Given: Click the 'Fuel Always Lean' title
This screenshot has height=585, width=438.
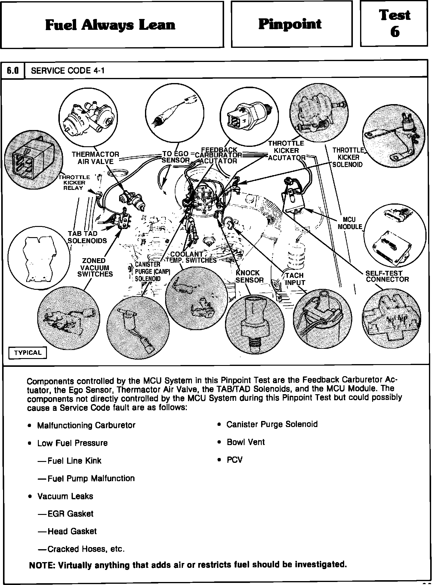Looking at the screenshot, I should click(x=110, y=25).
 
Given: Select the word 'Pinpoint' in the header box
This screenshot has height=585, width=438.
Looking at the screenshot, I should click(x=290, y=24).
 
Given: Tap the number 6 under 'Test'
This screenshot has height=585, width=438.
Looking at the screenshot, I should click(x=395, y=31).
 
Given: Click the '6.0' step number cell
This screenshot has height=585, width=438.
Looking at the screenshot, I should click(x=13, y=71).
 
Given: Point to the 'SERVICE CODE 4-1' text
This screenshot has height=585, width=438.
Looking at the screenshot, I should click(x=68, y=71).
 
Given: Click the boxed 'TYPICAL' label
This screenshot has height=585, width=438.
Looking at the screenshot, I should click(x=28, y=353).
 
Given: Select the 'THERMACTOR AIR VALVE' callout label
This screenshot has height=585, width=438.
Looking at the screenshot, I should click(x=95, y=158).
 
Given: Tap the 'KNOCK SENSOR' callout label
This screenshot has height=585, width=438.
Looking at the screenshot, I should click(x=249, y=277).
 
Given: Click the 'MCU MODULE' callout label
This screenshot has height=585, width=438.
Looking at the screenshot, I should click(x=350, y=223).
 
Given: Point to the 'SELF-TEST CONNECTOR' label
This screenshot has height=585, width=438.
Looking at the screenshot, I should click(x=387, y=276).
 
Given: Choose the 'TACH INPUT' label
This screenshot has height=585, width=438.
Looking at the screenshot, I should click(x=295, y=279).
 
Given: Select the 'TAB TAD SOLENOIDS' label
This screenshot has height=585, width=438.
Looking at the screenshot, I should click(x=87, y=237).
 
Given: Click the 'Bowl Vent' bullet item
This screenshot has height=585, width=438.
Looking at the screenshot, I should click(x=245, y=442).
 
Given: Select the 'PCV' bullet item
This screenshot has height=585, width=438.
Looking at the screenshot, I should click(x=234, y=460).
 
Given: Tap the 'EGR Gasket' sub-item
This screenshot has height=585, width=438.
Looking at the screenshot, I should click(x=70, y=513).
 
